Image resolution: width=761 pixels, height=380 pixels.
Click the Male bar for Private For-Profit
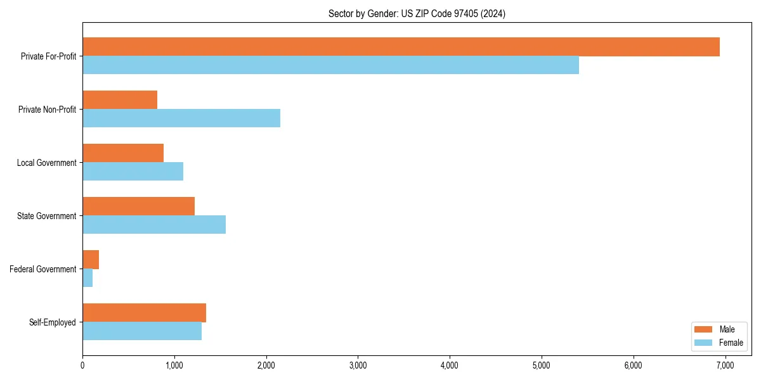(401, 47)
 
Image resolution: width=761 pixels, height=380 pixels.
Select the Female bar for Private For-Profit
(330, 65)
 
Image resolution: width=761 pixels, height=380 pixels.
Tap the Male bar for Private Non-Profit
(120, 100)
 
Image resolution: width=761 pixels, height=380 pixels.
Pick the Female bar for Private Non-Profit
(181, 118)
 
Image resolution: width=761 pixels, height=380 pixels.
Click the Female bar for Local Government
(133, 172)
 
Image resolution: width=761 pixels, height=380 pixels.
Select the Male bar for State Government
(138, 206)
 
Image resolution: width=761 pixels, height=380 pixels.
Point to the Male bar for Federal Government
(91, 260)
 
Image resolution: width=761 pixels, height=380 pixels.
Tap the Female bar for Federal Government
(88, 278)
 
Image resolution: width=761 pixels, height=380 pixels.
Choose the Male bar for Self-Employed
(144, 313)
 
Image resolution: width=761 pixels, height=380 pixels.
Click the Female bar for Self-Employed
(142, 331)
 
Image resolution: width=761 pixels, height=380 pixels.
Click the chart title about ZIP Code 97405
(417, 13)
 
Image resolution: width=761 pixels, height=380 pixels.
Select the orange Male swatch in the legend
(704, 329)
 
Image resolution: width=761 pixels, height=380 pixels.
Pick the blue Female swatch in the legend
(704, 343)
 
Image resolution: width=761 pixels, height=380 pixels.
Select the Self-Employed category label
(53, 322)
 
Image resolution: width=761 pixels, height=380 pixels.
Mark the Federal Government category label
(43, 269)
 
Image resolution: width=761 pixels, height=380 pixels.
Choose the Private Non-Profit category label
(47, 110)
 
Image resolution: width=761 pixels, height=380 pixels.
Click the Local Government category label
(46, 163)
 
